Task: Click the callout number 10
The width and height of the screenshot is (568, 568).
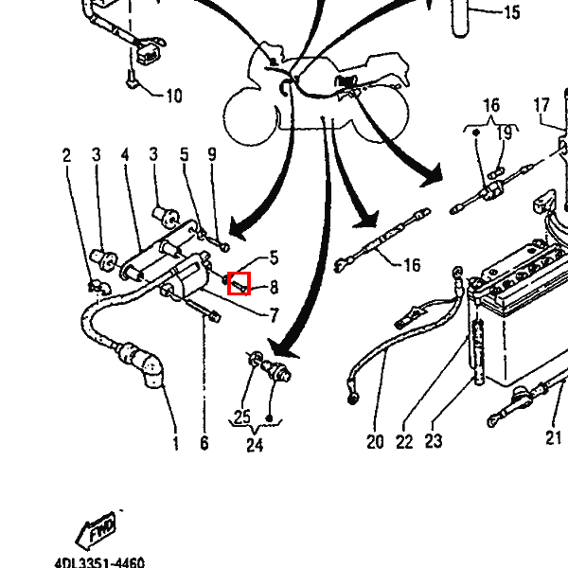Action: tap(174, 96)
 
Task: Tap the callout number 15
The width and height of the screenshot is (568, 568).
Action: tap(512, 12)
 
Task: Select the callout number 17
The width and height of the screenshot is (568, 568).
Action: tap(541, 105)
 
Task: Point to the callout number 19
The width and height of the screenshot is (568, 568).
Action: tap(505, 133)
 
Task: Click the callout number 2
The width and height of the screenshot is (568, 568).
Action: tap(66, 155)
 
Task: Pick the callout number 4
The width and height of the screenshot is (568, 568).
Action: tap(125, 154)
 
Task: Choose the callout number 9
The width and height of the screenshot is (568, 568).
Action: tap(212, 154)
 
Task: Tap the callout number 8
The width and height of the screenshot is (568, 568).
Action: tap(274, 287)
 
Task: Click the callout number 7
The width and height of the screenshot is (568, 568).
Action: tap(275, 315)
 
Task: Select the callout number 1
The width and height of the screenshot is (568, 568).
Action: tap(176, 443)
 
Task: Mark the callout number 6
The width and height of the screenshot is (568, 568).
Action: tap(204, 443)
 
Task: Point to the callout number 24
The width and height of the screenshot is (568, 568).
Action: tap(255, 445)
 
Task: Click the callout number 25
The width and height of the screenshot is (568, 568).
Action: tap(242, 417)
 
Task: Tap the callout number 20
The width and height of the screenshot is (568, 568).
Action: tap(375, 442)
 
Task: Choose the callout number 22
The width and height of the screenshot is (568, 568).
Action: tap(404, 442)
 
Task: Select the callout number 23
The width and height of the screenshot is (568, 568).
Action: tap(434, 441)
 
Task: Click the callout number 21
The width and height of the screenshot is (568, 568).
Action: tap(553, 438)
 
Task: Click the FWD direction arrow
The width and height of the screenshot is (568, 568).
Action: tap(97, 530)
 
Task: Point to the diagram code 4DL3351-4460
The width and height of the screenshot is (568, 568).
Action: tap(99, 563)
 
